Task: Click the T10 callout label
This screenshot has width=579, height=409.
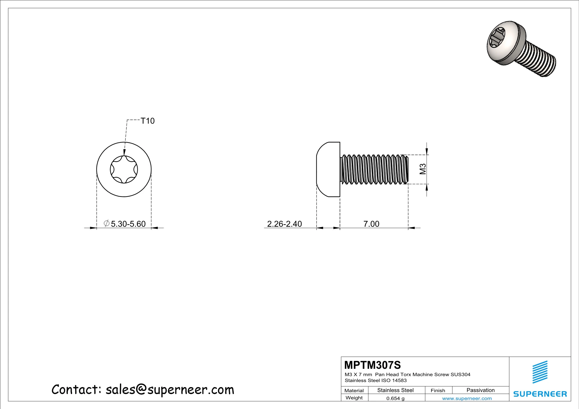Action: [x=148, y=121]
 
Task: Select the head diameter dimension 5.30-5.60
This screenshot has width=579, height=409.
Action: [x=128, y=224]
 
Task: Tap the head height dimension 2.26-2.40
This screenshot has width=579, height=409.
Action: [x=284, y=224]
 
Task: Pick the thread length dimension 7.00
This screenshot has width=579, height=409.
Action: [x=371, y=224]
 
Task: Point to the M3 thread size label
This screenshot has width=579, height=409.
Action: [x=423, y=169]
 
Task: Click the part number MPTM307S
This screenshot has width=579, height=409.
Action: [x=372, y=365]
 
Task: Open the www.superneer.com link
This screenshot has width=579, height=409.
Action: [x=467, y=398]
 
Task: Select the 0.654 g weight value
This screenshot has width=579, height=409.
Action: [x=395, y=398]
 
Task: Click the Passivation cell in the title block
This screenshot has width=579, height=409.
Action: [x=480, y=390]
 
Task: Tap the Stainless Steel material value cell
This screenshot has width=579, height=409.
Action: [x=395, y=390]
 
